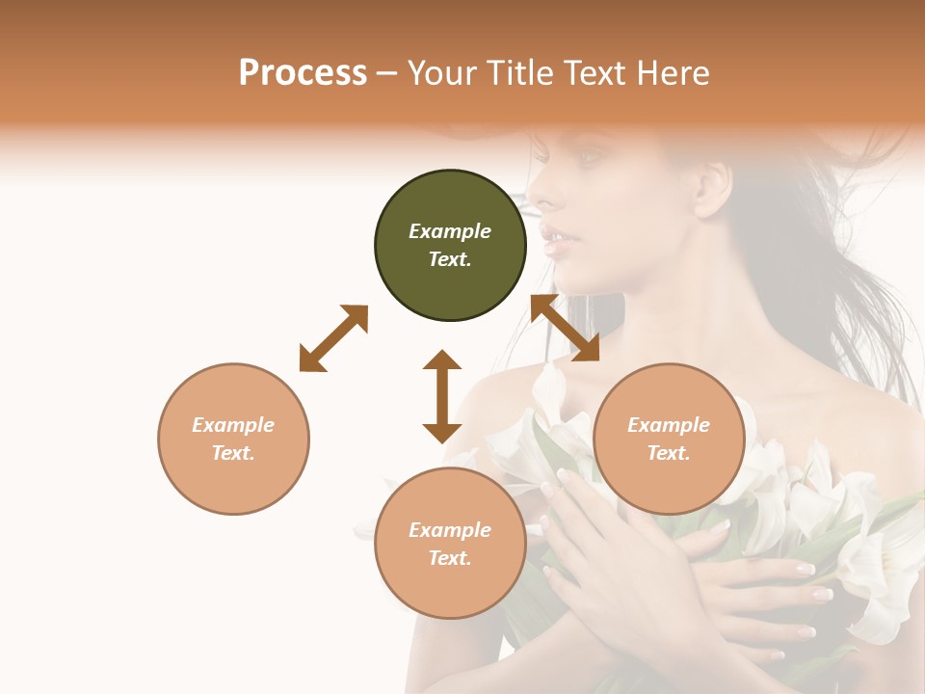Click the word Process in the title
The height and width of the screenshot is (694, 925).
303,73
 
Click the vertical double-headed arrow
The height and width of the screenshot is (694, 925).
442,396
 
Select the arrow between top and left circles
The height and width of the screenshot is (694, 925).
333,338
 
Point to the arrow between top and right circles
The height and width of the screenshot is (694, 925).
565,329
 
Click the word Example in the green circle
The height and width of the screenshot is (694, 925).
450,231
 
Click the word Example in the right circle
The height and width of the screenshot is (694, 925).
669,425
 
